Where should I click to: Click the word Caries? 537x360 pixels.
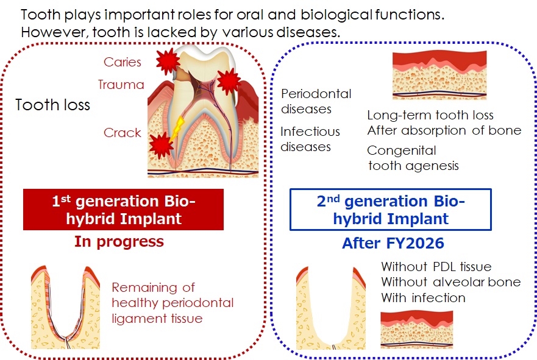pos(123,62)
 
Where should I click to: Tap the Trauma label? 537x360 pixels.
pos(121,85)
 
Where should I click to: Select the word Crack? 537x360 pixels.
pos(123,133)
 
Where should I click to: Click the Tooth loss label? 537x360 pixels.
pos(52,105)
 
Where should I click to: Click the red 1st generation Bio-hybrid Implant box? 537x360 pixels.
pos(123,210)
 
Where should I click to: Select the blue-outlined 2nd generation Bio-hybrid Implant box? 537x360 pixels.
pos(390,210)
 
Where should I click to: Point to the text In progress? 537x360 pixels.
pos(119,241)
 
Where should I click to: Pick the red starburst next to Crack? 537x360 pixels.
pos(161,146)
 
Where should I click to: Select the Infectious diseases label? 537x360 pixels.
pos(310,139)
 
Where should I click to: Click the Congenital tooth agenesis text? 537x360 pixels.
pos(413,158)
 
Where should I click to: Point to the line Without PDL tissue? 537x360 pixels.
pos(436,267)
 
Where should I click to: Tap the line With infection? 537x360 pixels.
pos(423,298)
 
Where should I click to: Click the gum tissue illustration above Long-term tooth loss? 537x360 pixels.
pos(439,75)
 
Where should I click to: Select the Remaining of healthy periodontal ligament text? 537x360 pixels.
pos(172,302)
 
